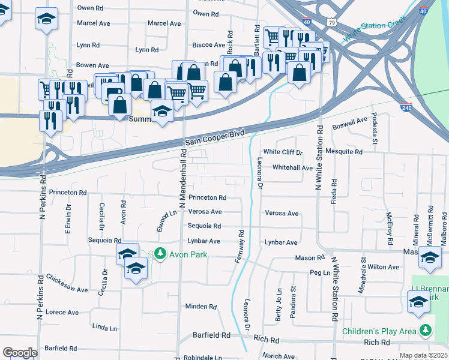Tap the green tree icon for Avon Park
tap(160, 254)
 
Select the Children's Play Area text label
tap(379, 331)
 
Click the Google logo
tap(20, 353)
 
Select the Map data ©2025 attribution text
tap(423, 355)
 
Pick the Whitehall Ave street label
tap(293, 168)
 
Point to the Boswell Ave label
tap(349, 123)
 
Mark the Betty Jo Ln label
tap(279, 307)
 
